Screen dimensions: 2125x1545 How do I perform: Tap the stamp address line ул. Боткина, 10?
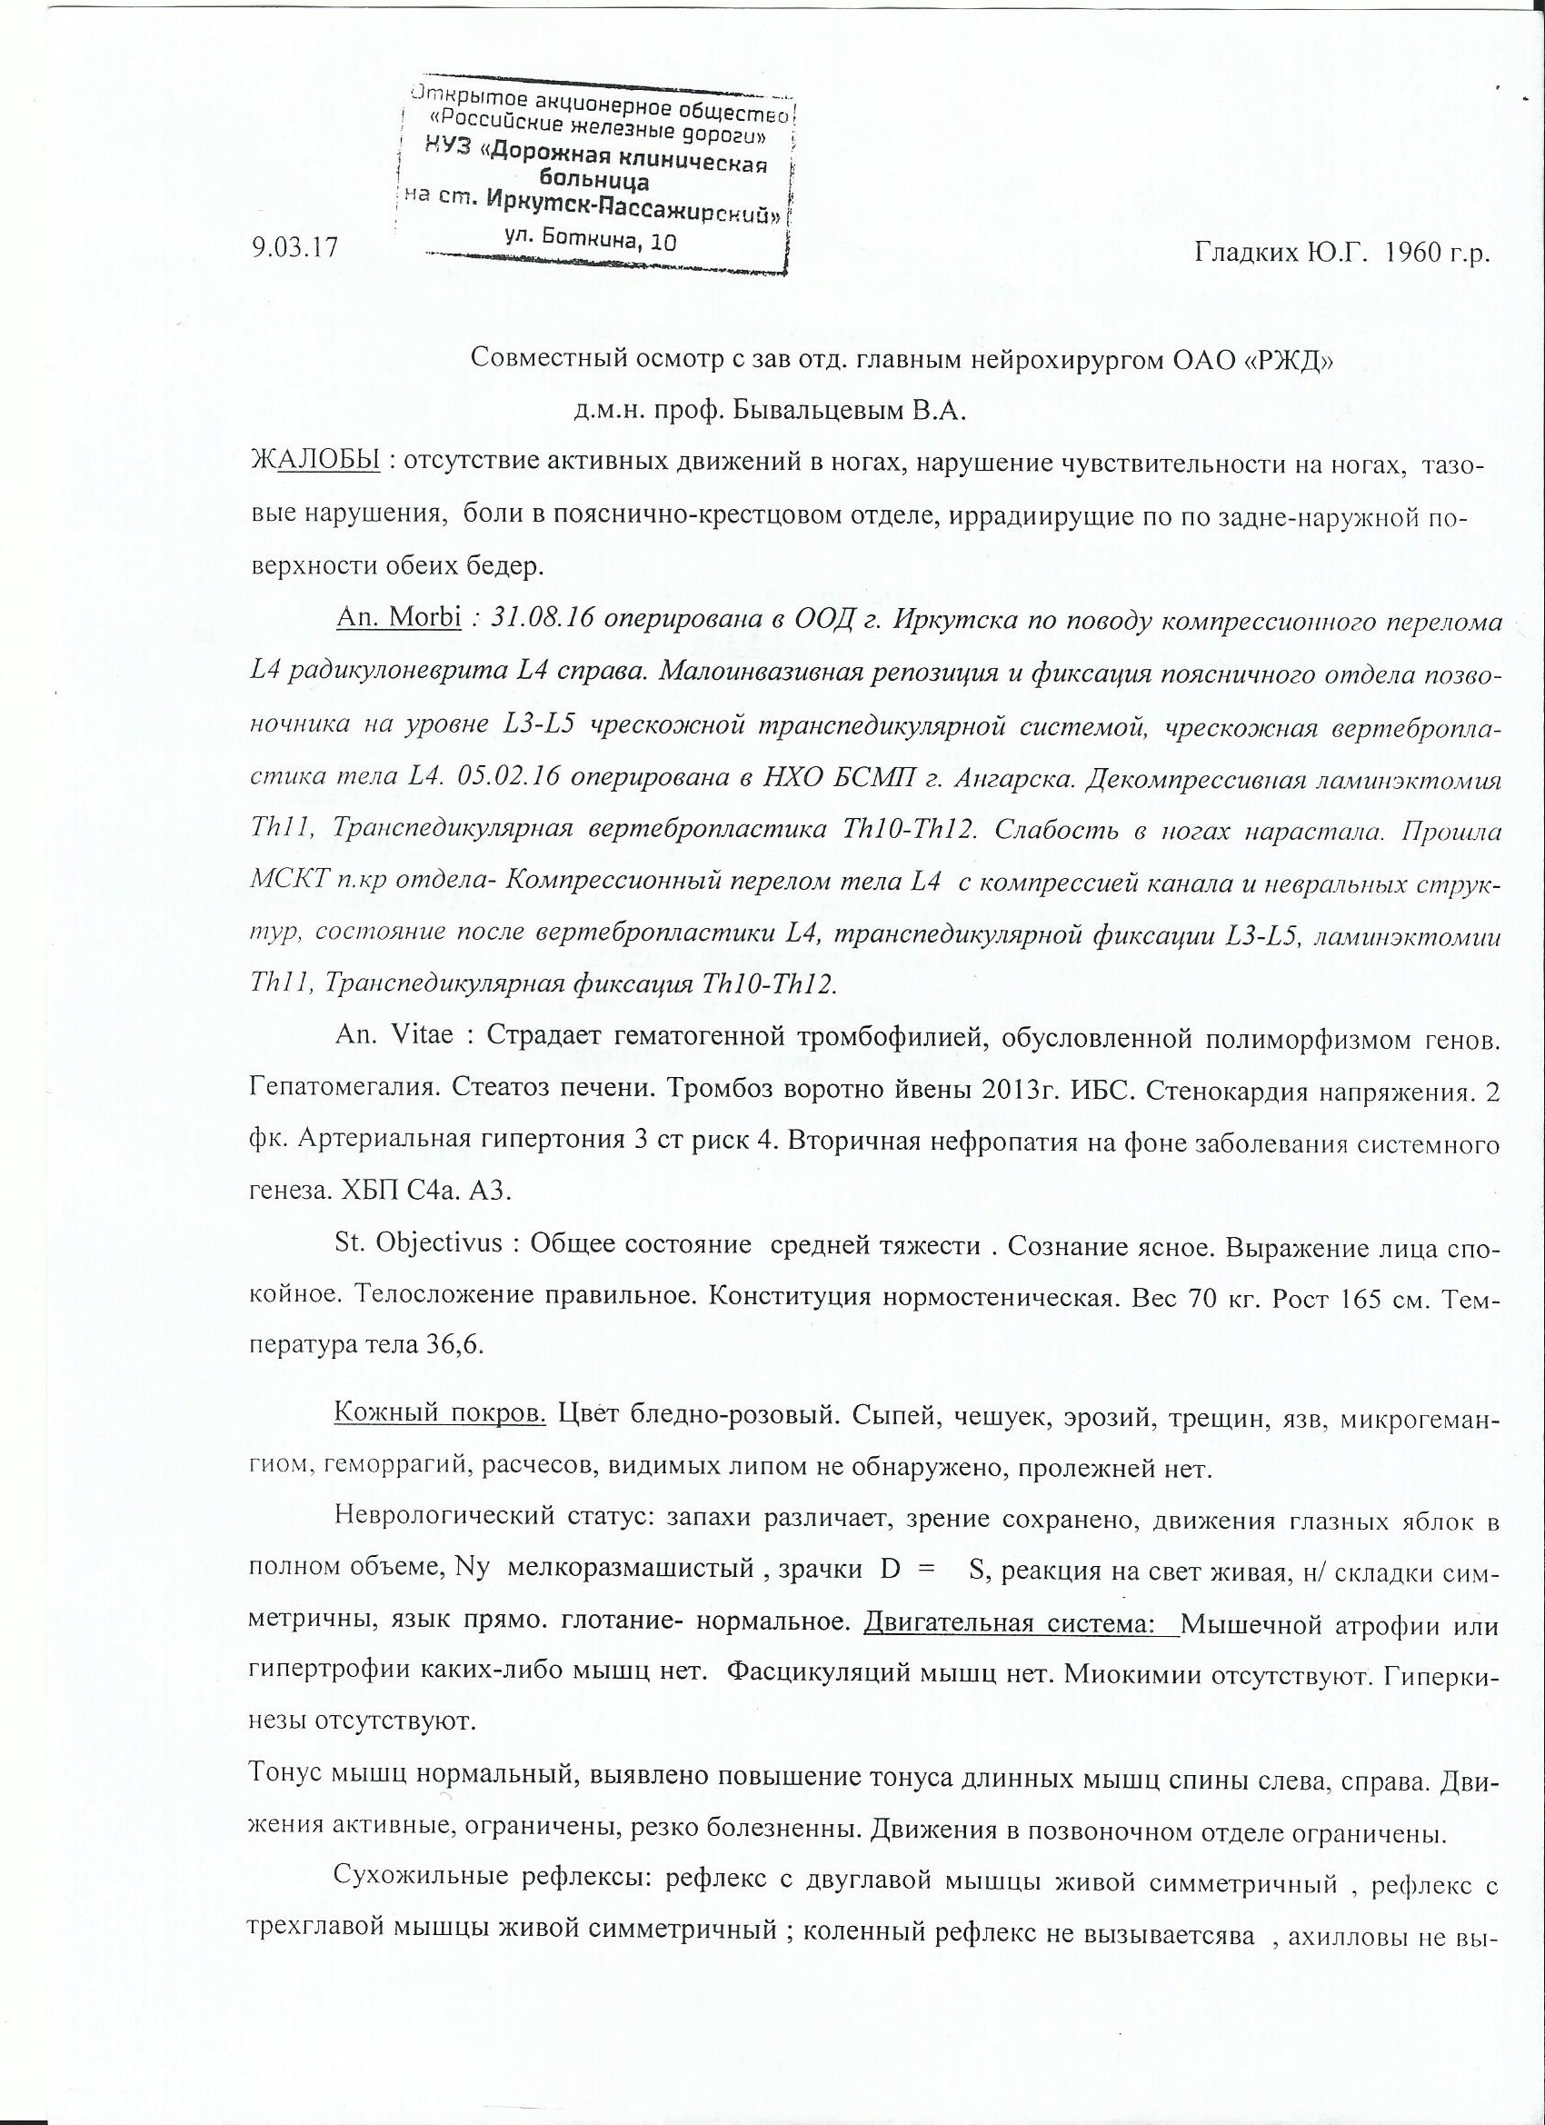coord(589,240)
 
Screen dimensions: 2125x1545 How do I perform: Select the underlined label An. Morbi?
coord(397,621)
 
